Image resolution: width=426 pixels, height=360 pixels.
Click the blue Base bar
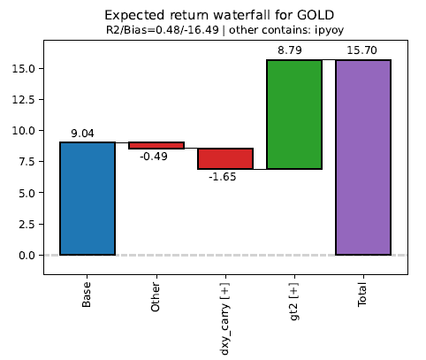coord(87,198)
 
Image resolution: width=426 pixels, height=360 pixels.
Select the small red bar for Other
coord(156,145)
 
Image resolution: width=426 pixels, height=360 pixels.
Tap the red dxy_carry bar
coord(225,158)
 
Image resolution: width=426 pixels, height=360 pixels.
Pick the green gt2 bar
coord(294,114)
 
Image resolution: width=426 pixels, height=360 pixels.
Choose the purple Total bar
coord(363,157)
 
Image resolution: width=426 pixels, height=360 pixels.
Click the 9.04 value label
coord(82,134)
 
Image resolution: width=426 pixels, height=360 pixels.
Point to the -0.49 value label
coord(154,157)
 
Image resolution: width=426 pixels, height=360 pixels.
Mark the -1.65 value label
coord(223,177)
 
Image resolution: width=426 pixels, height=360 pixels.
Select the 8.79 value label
coord(290,50)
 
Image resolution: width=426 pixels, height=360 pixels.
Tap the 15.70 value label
coord(361,50)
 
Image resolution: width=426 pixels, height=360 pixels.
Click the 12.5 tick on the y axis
coord(23,100)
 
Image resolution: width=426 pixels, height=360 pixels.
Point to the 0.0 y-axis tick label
coord(27,256)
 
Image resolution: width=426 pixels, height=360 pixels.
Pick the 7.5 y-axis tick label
coord(27,162)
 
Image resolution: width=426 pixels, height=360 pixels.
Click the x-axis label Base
coord(87,295)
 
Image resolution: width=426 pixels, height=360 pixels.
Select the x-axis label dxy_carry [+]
coord(224,318)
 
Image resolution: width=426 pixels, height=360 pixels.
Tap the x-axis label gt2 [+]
coord(294,302)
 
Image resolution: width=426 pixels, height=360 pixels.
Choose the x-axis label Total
coord(362,295)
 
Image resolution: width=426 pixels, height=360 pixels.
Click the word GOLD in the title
coord(316,15)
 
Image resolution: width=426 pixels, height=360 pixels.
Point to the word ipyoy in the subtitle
coord(329,30)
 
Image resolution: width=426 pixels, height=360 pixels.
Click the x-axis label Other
coord(156,297)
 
